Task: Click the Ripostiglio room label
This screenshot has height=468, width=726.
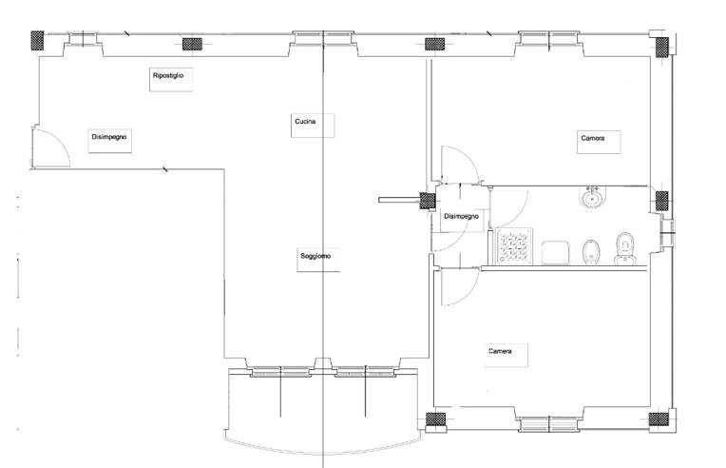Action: point(168,75)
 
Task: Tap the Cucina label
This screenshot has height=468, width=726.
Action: point(305,122)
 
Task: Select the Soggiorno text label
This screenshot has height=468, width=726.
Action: point(315,256)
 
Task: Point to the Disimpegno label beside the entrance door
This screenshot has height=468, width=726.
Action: point(109,137)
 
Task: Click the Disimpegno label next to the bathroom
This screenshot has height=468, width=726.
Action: point(461,216)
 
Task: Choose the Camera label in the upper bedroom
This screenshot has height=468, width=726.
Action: point(593,138)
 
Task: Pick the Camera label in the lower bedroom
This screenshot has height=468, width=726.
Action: point(500,351)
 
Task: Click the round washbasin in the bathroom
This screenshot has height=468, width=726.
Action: point(592,198)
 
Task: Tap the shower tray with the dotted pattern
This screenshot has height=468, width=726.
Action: point(514,246)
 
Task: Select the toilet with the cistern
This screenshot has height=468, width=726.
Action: point(624,249)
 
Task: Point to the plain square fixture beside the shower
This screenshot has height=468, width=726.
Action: point(554,252)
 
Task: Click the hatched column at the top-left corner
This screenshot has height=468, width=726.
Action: point(37,40)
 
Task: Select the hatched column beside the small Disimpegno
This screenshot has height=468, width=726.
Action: point(428,201)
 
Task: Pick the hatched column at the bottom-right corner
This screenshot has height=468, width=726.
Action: point(659,419)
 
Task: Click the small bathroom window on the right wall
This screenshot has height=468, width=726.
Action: point(667,233)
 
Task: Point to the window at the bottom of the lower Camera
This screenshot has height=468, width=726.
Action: point(549,424)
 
